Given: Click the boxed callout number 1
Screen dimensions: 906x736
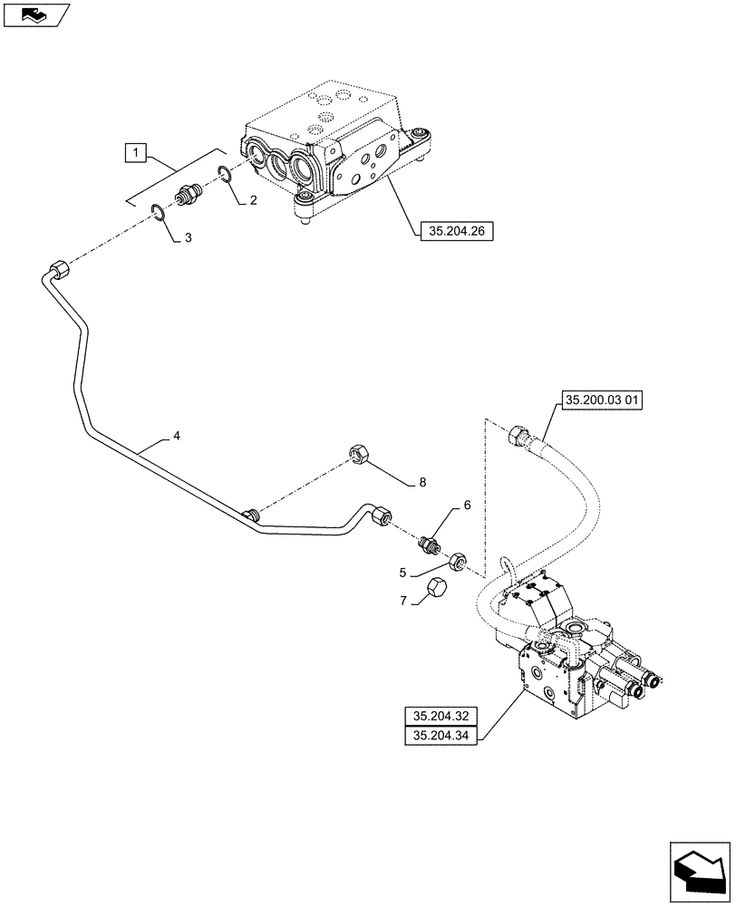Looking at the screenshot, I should tap(134, 153).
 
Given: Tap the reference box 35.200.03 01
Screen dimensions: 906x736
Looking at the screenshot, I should tap(602, 400).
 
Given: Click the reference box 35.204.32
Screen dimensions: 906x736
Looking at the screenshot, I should tap(441, 717).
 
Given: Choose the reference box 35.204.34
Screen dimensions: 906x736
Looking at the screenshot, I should tap(441, 737).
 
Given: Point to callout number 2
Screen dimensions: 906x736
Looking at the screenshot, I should tap(253, 200).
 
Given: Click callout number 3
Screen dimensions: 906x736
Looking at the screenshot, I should tap(188, 237).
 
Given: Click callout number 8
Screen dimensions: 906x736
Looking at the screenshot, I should tap(421, 484).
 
